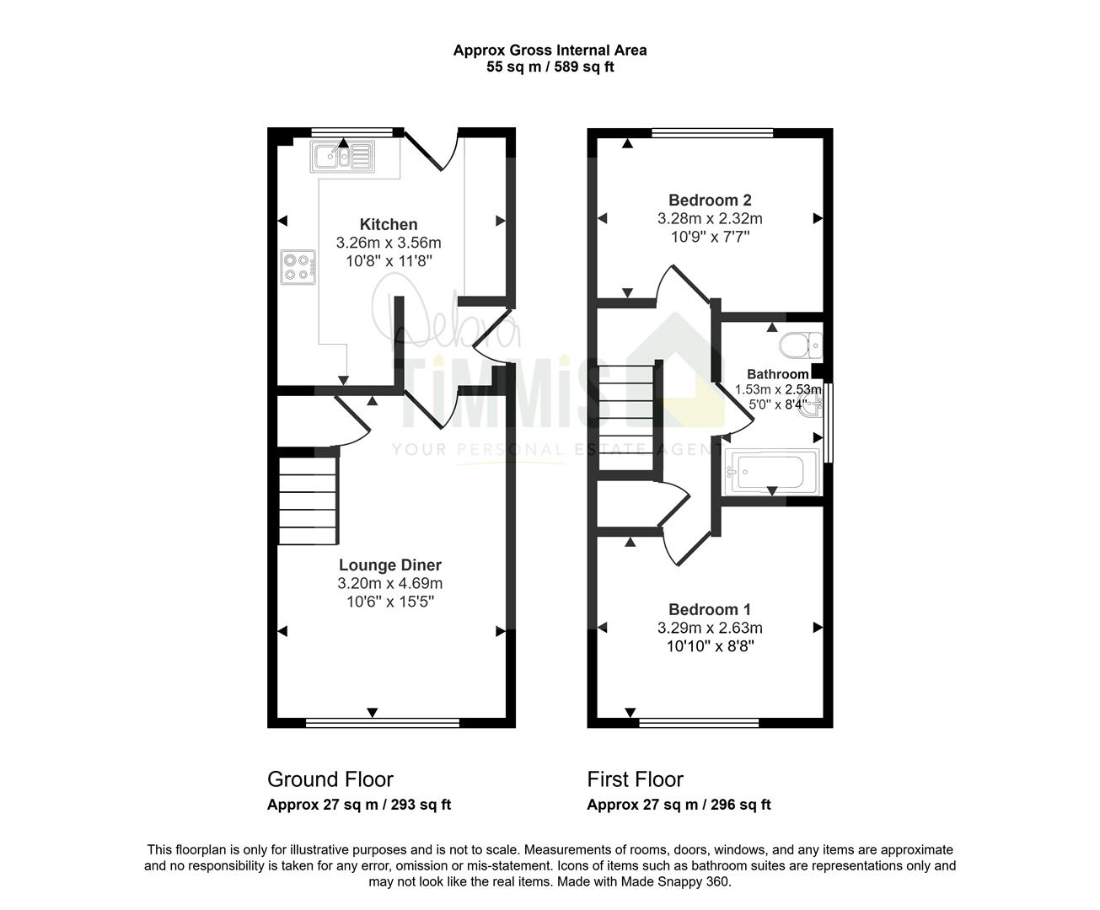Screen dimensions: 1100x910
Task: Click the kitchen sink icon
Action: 342,157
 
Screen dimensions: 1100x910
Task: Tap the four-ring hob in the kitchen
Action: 298,267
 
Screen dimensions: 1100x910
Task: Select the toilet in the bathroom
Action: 800,345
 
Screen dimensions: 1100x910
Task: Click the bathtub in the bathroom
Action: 772,472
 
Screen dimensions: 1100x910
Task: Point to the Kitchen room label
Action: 389,224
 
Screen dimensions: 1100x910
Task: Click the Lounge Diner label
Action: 389,565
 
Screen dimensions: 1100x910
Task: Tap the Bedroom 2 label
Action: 710,201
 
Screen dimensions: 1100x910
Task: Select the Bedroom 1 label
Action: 710,609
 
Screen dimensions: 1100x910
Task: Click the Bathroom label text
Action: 777,374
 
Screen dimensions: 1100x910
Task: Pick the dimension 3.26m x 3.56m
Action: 389,243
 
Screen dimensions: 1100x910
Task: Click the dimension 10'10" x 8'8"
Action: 710,646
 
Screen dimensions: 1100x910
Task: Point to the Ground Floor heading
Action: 330,779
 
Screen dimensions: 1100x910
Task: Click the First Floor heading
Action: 636,779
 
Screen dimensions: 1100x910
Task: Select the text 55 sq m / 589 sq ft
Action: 550,67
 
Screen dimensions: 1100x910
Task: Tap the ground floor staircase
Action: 307,500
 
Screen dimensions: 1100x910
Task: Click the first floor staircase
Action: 625,417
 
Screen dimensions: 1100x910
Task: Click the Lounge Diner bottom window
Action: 383,723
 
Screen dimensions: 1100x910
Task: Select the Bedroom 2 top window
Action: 712,133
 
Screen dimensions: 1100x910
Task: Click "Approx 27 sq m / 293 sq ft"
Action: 359,805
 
